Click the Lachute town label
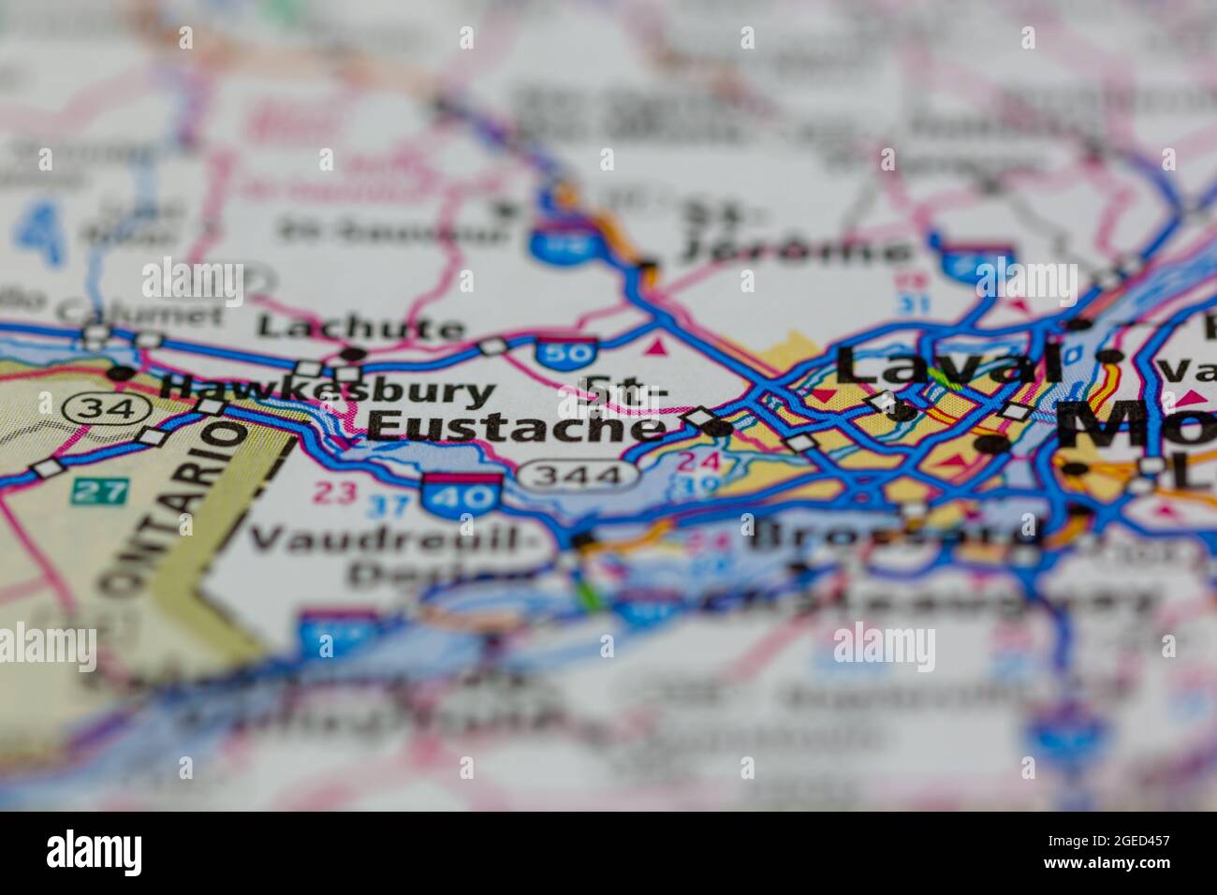pyautogui.click(x=360, y=327)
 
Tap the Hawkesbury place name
pyautogui.click(x=328, y=389)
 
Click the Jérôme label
pyautogui.click(x=796, y=250)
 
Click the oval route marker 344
pyautogui.click(x=579, y=475)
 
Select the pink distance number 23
pyautogui.click(x=334, y=492)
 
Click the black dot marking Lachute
pyautogui.click(x=353, y=354)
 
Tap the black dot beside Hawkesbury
pyautogui.click(x=120, y=373)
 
